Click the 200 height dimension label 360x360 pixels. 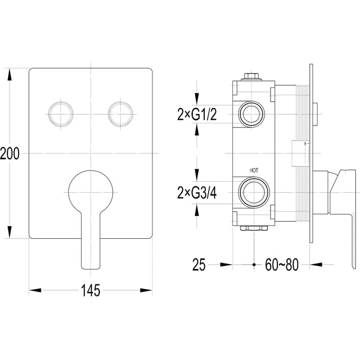pyautogui.click(x=10, y=154)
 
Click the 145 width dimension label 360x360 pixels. pyautogui.click(x=91, y=290)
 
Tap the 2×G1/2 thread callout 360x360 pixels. pyautogui.click(x=197, y=114)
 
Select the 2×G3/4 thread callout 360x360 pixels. pyautogui.click(x=197, y=193)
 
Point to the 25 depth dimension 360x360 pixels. pyautogui.click(x=199, y=265)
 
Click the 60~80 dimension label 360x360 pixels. pyautogui.click(x=282, y=265)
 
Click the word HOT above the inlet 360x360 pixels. pyautogui.click(x=254, y=170)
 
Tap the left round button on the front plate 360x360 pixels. pyautogui.click(x=61, y=114)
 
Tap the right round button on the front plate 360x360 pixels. pyautogui.click(x=121, y=114)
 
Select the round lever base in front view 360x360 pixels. pyautogui.click(x=91, y=192)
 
